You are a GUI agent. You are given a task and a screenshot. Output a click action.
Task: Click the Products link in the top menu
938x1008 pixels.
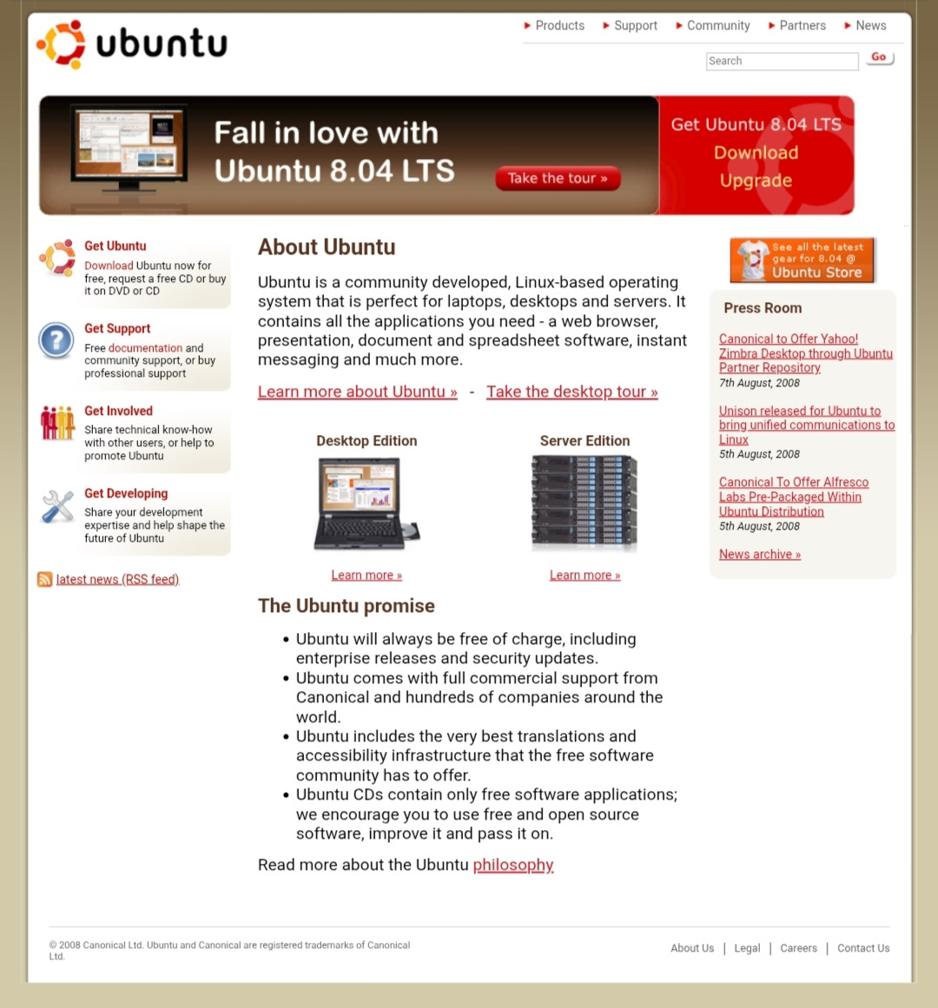[559, 26]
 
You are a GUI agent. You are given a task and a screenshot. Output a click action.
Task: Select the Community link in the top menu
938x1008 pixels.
[717, 26]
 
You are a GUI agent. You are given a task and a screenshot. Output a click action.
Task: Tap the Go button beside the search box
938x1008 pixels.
[879, 58]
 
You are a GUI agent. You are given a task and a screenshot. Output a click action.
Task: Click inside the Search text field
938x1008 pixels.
[782, 61]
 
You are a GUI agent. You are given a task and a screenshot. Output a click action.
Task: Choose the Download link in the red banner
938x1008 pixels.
[756, 153]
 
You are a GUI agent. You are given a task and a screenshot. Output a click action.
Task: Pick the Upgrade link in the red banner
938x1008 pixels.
[756, 181]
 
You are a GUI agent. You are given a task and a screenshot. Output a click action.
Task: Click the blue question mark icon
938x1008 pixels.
[56, 340]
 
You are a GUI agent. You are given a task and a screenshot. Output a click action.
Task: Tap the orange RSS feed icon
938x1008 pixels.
[44, 579]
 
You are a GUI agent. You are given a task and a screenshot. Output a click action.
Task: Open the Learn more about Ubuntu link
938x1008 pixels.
[357, 392]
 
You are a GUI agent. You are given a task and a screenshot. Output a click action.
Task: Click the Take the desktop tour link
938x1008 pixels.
[571, 392]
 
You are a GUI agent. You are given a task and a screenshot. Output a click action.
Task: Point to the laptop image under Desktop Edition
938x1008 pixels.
[366, 504]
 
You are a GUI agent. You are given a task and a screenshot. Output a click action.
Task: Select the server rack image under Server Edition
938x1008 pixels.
[585, 503]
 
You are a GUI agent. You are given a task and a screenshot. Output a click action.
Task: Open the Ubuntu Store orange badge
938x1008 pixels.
[802, 260]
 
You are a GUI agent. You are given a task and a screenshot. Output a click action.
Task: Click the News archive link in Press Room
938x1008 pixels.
[759, 554]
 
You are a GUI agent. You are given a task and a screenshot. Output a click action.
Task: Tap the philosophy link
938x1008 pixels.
[512, 865]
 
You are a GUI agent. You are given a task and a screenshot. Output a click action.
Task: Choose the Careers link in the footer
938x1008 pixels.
[798, 948]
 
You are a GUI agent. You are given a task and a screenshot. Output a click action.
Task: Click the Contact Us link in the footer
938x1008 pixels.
[862, 948]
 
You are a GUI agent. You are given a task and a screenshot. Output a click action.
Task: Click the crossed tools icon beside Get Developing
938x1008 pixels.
[58, 506]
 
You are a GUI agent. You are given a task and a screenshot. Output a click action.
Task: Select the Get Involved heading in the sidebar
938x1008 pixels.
[118, 411]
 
